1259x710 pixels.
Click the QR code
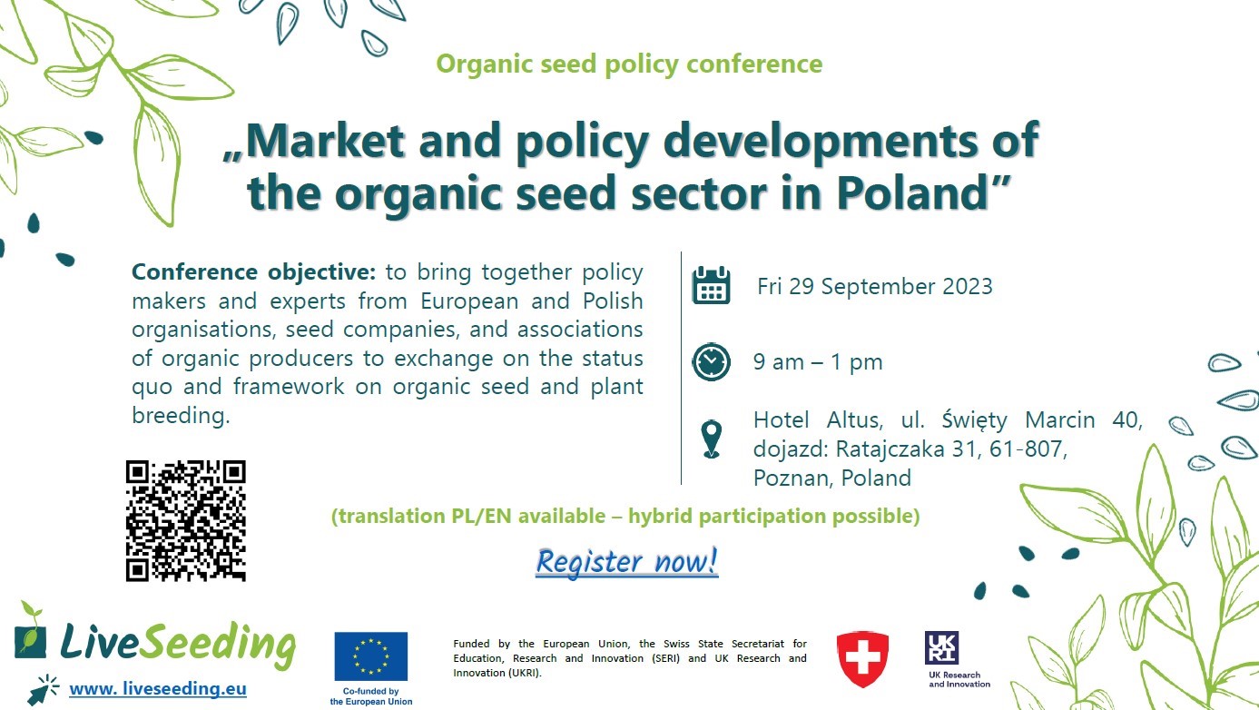tap(185, 520)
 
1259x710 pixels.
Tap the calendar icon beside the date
tap(711, 285)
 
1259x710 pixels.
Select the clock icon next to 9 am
tap(711, 361)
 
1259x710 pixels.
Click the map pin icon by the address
tap(712, 439)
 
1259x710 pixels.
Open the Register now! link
tap(626, 561)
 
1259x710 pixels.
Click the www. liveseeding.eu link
tap(158, 688)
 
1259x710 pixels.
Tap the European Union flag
tap(371, 656)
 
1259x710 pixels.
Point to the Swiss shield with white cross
tap(862, 659)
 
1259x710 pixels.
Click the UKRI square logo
tap(941, 647)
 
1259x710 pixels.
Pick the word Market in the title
tap(326, 140)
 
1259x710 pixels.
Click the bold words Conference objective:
tap(253, 272)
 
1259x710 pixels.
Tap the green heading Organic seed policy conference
tap(629, 64)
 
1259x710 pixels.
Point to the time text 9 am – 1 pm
tap(818, 362)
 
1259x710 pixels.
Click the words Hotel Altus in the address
tap(818, 420)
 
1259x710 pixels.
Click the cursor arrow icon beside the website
tap(44, 689)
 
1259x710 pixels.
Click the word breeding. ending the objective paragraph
tap(181, 416)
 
